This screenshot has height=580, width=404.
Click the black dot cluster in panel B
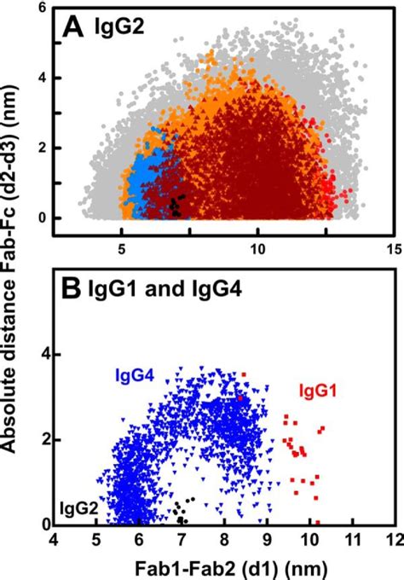[181, 510]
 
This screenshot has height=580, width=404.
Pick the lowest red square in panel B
[318, 522]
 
